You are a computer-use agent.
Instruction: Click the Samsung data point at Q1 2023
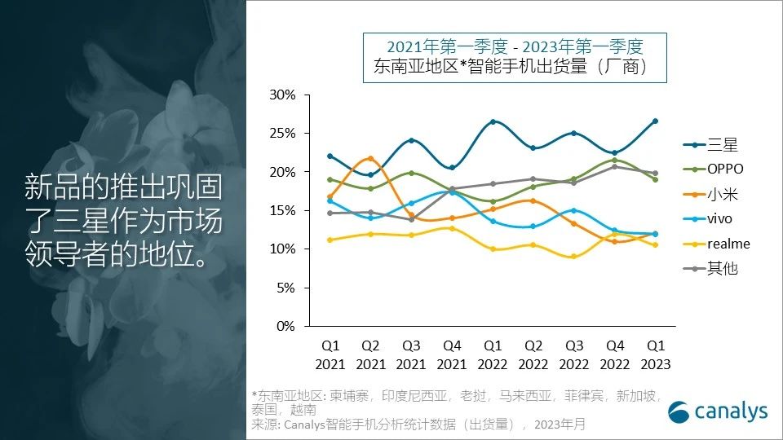(654, 121)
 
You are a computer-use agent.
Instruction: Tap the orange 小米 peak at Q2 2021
(370, 158)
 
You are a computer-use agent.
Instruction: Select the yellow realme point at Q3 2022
(573, 257)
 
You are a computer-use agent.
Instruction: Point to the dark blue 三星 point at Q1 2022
(493, 122)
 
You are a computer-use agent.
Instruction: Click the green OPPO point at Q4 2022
(614, 160)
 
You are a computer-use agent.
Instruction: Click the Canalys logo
(718, 411)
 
